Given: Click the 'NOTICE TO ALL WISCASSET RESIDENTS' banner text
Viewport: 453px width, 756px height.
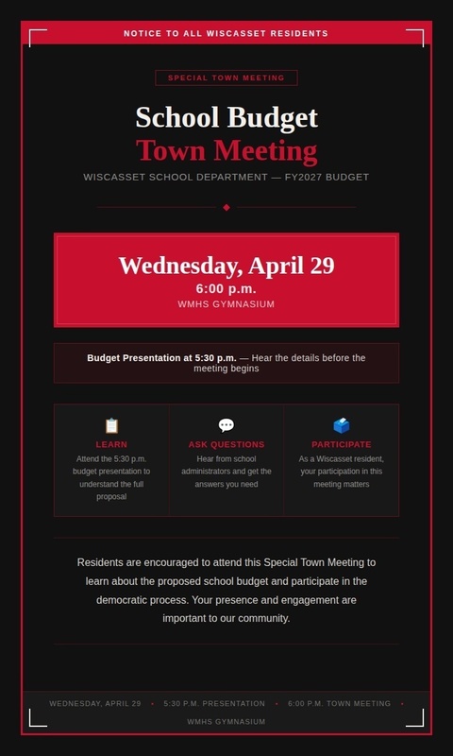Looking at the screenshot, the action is coord(226,33).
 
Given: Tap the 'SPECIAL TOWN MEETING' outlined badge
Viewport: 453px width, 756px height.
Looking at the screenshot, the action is coord(226,77).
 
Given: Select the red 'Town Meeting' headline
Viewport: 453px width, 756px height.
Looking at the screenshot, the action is coord(226,150).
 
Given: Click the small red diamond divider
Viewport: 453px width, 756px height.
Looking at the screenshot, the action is coord(226,207).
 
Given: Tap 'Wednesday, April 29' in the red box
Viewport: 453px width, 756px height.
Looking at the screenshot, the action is coord(226,266).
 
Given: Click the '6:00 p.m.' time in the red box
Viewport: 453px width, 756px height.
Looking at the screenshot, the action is coord(226,288).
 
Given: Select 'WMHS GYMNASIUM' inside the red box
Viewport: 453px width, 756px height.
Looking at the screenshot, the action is coord(226,304).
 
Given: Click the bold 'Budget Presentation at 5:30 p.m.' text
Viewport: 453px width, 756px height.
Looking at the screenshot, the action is coord(161,358).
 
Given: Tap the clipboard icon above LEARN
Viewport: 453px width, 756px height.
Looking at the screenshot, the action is coord(111,426).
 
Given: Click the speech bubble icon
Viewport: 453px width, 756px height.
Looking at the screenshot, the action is coord(226,426).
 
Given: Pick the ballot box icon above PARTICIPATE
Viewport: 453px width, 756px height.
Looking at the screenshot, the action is coord(341,426).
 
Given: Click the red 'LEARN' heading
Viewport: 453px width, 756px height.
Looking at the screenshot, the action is coord(111,444).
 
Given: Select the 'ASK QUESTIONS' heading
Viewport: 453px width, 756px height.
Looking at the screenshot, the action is coord(226,444).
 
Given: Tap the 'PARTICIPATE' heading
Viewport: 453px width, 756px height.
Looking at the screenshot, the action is coord(342,444).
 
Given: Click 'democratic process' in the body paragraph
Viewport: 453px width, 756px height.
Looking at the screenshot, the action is coord(142,599).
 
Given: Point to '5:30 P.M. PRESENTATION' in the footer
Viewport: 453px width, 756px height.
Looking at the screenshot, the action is coord(214,703).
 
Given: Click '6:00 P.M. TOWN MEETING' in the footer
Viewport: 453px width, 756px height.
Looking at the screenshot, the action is coord(339,703).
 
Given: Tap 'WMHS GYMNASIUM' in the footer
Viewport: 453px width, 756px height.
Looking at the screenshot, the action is coord(226,721).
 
